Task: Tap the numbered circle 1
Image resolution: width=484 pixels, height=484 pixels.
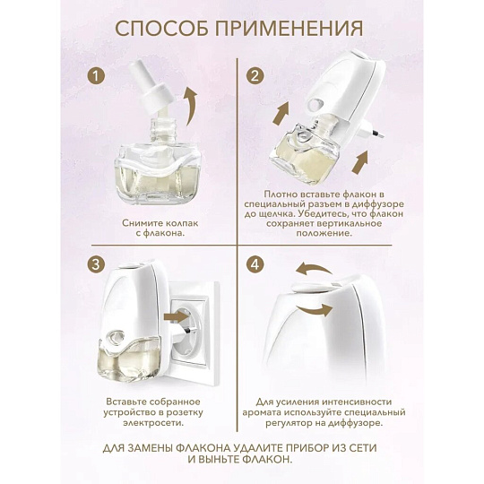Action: click(96, 75)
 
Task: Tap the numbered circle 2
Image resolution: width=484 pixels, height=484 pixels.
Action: click(255, 75)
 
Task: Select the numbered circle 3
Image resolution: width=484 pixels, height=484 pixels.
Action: click(96, 264)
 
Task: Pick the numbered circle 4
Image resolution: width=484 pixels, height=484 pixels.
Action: click(255, 264)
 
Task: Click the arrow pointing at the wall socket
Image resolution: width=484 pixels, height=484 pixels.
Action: click(177, 316)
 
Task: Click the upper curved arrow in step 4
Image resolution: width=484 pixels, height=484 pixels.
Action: click(315, 269)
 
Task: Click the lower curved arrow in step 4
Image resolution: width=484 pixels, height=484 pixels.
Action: click(315, 309)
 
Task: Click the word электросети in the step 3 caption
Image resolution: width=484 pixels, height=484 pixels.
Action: click(153, 422)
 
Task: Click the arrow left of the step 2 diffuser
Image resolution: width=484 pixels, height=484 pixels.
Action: click(281, 114)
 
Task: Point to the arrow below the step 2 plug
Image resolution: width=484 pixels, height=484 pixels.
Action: click(360, 162)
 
